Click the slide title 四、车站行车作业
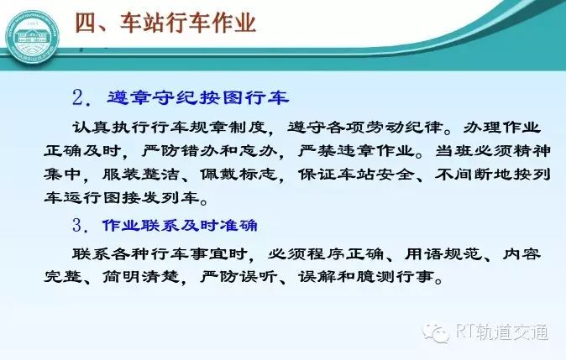(x=165, y=23)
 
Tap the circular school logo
(x=33, y=37)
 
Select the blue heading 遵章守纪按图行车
(x=198, y=97)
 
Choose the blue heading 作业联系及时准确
(x=180, y=226)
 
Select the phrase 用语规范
(x=443, y=253)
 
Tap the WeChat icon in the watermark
(x=436, y=332)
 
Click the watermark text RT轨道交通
(x=501, y=331)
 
